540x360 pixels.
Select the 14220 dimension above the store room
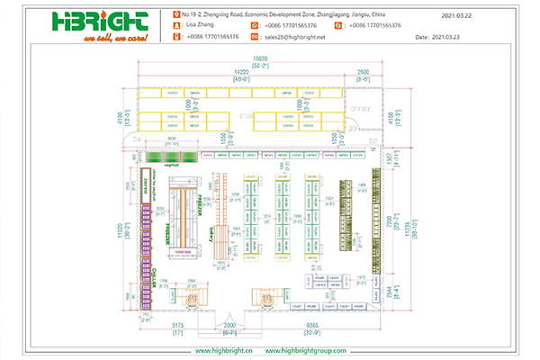click(240, 71)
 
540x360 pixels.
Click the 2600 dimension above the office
click(363, 71)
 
